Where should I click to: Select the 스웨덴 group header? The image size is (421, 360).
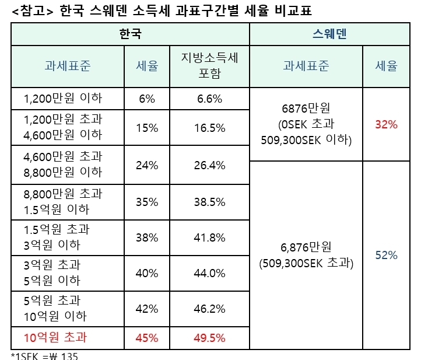click(329, 34)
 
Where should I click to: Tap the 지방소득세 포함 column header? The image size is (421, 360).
click(210, 67)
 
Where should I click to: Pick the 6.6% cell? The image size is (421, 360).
click(210, 99)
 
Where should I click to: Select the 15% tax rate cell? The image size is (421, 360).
click(147, 128)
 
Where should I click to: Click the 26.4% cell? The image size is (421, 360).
click(210, 165)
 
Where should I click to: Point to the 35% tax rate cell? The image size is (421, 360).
click(147, 202)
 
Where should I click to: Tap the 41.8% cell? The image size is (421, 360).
click(210, 237)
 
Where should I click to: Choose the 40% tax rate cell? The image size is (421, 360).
click(147, 273)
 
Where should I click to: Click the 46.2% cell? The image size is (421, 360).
click(210, 309)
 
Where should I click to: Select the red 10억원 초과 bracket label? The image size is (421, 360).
click(55, 337)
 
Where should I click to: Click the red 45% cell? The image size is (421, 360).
click(147, 337)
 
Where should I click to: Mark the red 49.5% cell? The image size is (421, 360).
click(210, 337)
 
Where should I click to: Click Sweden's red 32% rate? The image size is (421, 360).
click(386, 124)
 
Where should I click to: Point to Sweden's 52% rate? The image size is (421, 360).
click(386, 255)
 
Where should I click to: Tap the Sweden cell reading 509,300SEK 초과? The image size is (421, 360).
click(306, 263)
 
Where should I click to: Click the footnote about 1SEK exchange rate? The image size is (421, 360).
click(44, 356)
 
